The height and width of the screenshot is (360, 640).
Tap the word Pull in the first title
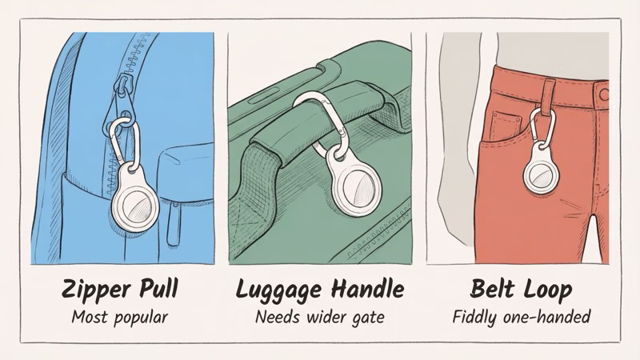pos(157,289)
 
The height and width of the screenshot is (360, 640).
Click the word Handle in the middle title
pos(365,289)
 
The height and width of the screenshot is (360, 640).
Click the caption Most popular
pos(120,318)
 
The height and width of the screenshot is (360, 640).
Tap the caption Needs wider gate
pos(319,318)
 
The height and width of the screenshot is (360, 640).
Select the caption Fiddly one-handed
pos(521,318)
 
